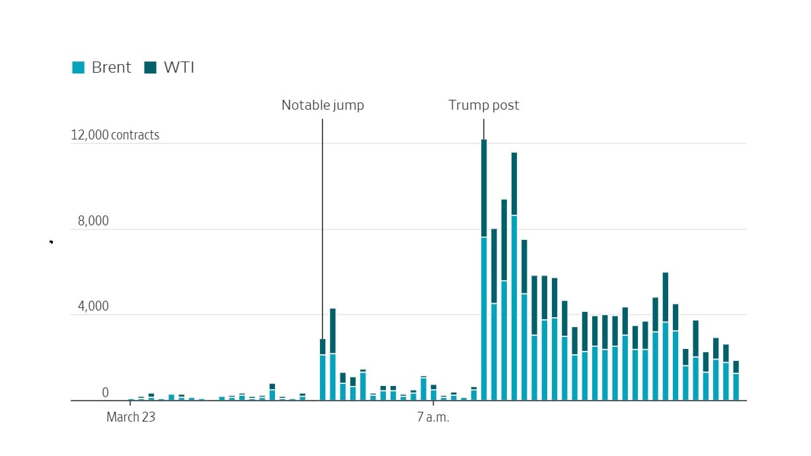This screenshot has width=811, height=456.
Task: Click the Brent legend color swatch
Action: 79,67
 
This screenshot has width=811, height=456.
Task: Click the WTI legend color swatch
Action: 151,67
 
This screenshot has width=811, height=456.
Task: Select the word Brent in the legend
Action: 111,67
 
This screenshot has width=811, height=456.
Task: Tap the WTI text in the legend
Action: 178,67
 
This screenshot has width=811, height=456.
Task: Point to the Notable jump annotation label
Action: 323,105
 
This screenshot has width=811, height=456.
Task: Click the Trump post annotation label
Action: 484,105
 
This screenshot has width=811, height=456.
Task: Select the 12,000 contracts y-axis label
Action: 116,135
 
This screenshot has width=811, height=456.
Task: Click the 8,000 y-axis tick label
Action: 93,221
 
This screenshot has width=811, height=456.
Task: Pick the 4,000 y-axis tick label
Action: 93,307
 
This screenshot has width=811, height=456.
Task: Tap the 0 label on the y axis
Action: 105,393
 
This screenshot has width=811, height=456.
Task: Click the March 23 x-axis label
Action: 132,417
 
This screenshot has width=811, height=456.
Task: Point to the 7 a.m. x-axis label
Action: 433,417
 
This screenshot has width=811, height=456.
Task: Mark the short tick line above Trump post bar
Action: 484,128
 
